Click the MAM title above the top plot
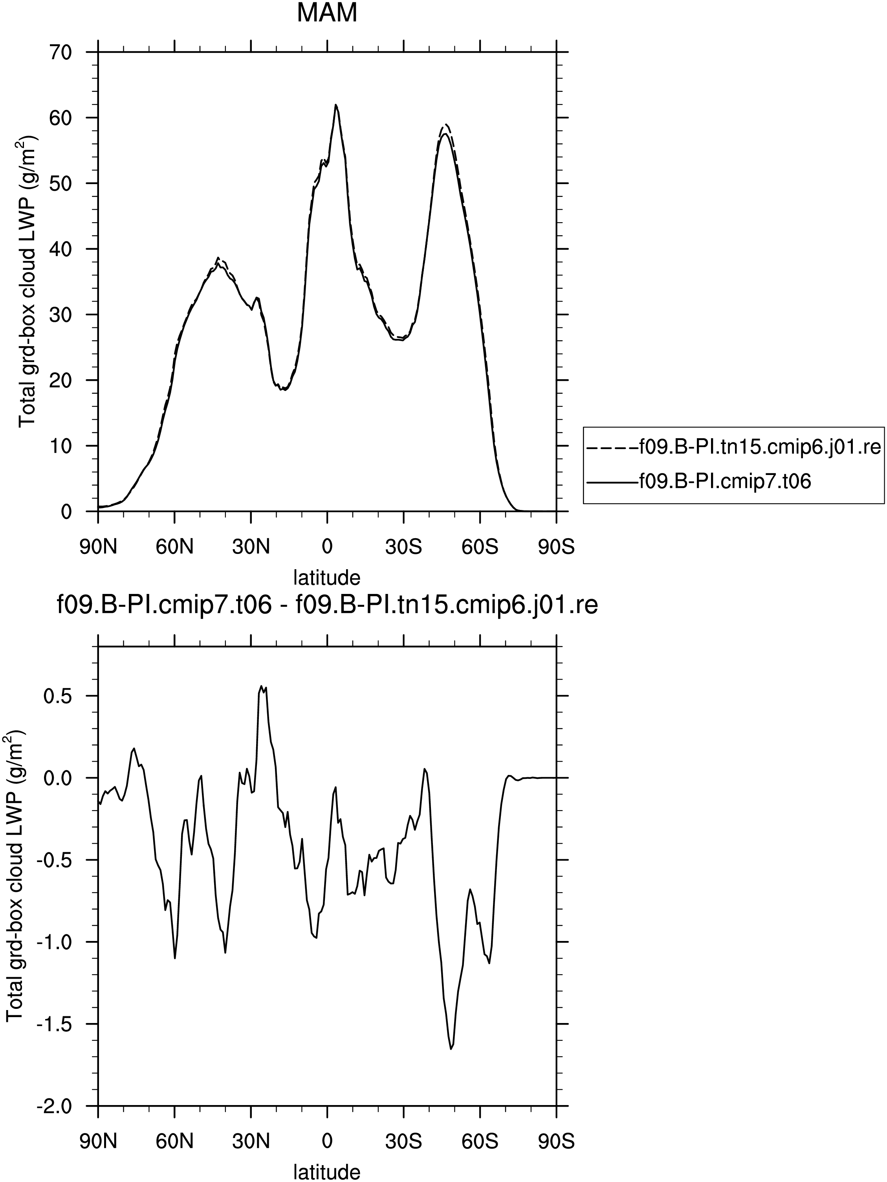point(327,13)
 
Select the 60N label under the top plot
point(174,548)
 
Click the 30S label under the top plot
point(403,548)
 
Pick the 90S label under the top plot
point(556,548)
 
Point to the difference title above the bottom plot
point(327,606)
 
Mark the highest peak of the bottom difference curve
point(262,686)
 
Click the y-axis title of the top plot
point(27,281)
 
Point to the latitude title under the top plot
point(327,577)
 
